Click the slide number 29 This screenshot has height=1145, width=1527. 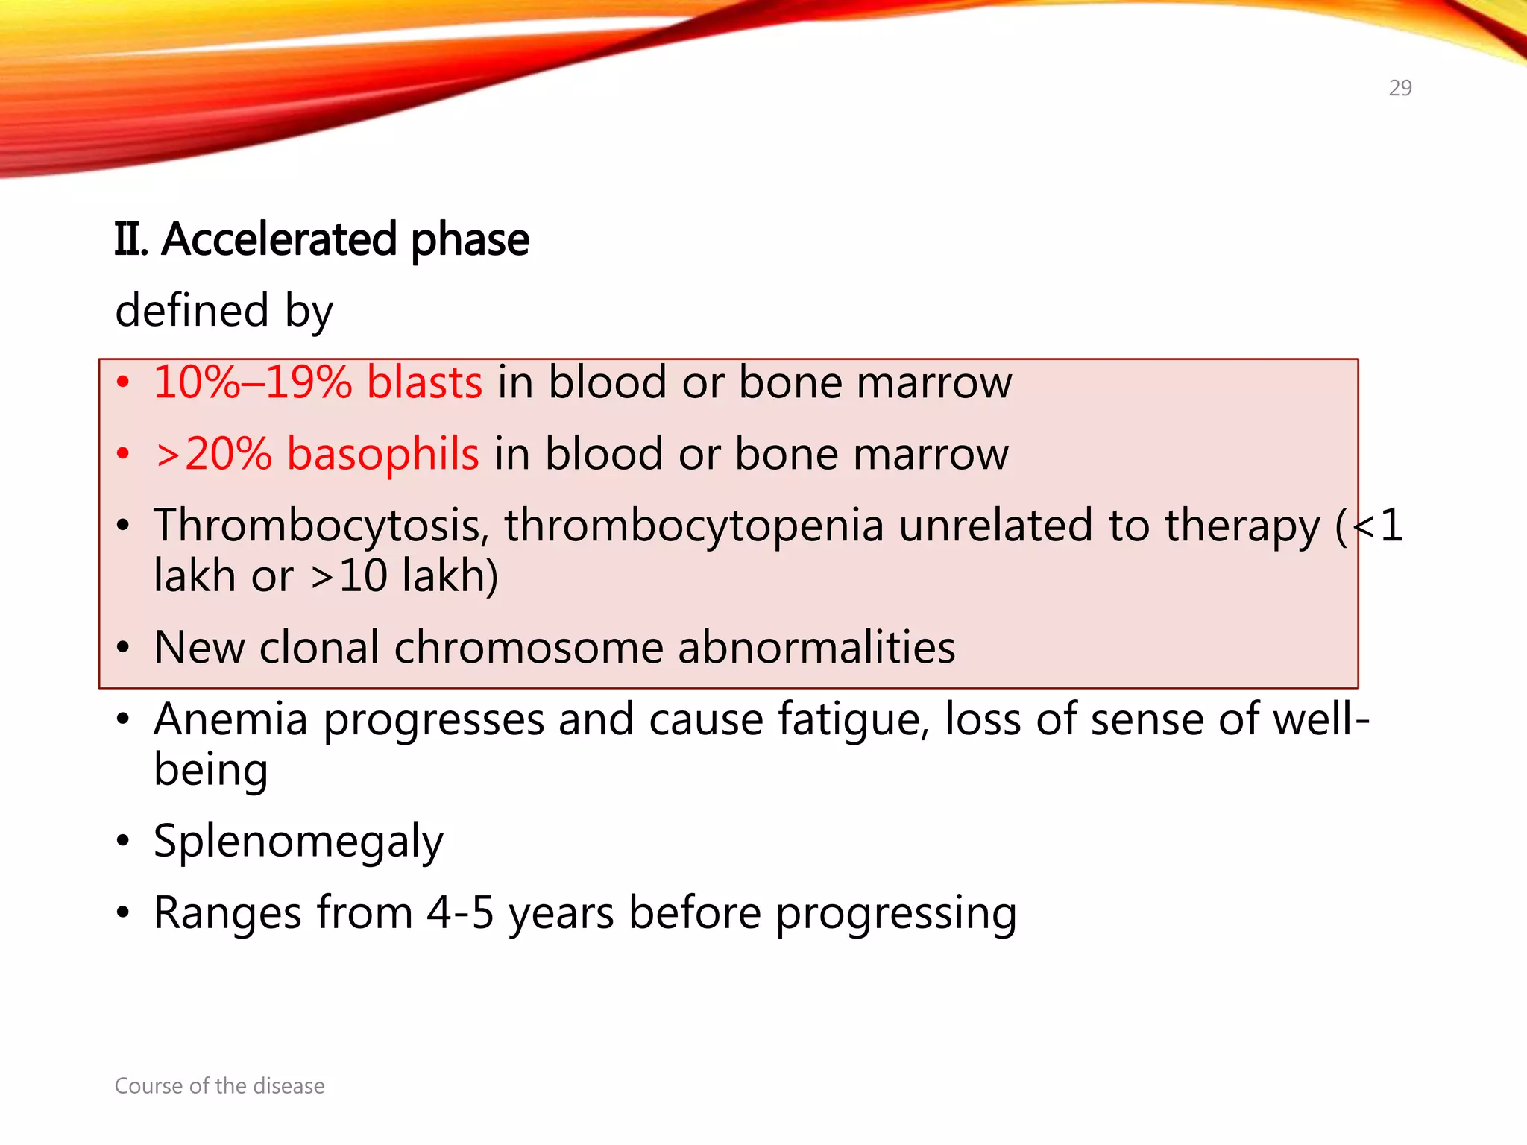[1400, 88]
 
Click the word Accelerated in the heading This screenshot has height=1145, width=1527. [279, 240]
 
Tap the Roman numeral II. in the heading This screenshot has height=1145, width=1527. [131, 240]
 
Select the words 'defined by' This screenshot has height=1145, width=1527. [224, 311]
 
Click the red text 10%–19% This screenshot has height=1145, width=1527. [252, 382]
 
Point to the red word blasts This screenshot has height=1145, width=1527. [424, 382]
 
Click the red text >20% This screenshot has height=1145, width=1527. [213, 454]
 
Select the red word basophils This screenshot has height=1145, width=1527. [382, 454]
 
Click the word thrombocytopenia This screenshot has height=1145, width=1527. [693, 526]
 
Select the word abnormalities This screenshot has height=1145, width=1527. [816, 647]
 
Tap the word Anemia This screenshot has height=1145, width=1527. [230, 719]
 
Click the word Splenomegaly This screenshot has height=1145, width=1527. [298, 842]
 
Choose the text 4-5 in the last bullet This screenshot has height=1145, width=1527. [460, 912]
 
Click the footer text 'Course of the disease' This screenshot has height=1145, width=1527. [219, 1085]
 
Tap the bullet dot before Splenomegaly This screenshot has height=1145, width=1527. [123, 842]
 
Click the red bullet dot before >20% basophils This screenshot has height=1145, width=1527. [123, 454]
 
